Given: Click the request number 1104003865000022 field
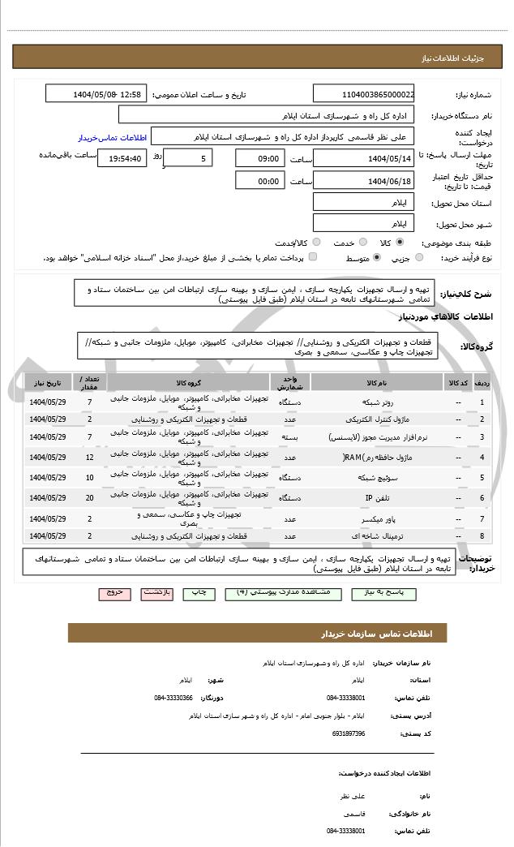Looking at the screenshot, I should pos(363,94).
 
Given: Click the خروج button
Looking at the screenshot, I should pos(114,593).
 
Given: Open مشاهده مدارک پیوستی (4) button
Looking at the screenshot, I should pos(284,593).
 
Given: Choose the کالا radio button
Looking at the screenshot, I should pos(400,242).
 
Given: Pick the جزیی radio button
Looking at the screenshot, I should pos(418,257).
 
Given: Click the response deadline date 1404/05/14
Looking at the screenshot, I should pos(363,158).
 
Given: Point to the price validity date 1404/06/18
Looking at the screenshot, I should pos(363,181).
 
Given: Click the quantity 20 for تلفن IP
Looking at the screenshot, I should pos(90,497).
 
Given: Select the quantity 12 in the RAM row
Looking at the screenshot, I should pos(90,458).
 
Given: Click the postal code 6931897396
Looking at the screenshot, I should pos(349,733).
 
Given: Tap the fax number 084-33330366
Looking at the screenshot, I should pos(173,697).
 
